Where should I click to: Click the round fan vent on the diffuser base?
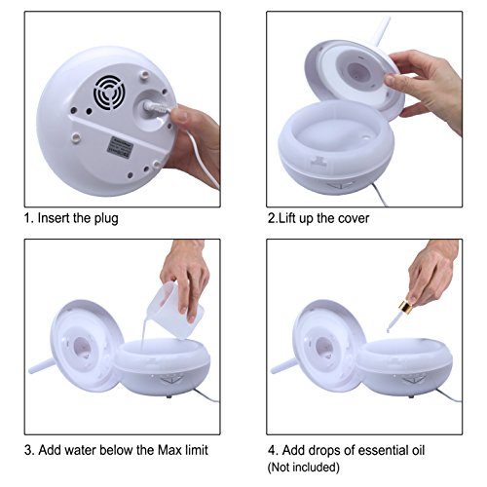[x=109, y=93]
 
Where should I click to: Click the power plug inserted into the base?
[x=157, y=108]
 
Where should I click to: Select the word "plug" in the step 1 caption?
[x=106, y=218]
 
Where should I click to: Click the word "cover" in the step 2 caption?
[x=354, y=218]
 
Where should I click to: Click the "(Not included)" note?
[x=304, y=468]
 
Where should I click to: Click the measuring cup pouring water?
[x=173, y=309]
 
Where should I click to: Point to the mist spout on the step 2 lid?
[x=381, y=30]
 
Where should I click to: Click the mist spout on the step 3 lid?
[x=42, y=366]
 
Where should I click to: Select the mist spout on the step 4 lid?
[x=283, y=366]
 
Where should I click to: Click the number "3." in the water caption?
[x=29, y=450]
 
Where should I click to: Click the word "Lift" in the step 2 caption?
[x=287, y=218]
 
